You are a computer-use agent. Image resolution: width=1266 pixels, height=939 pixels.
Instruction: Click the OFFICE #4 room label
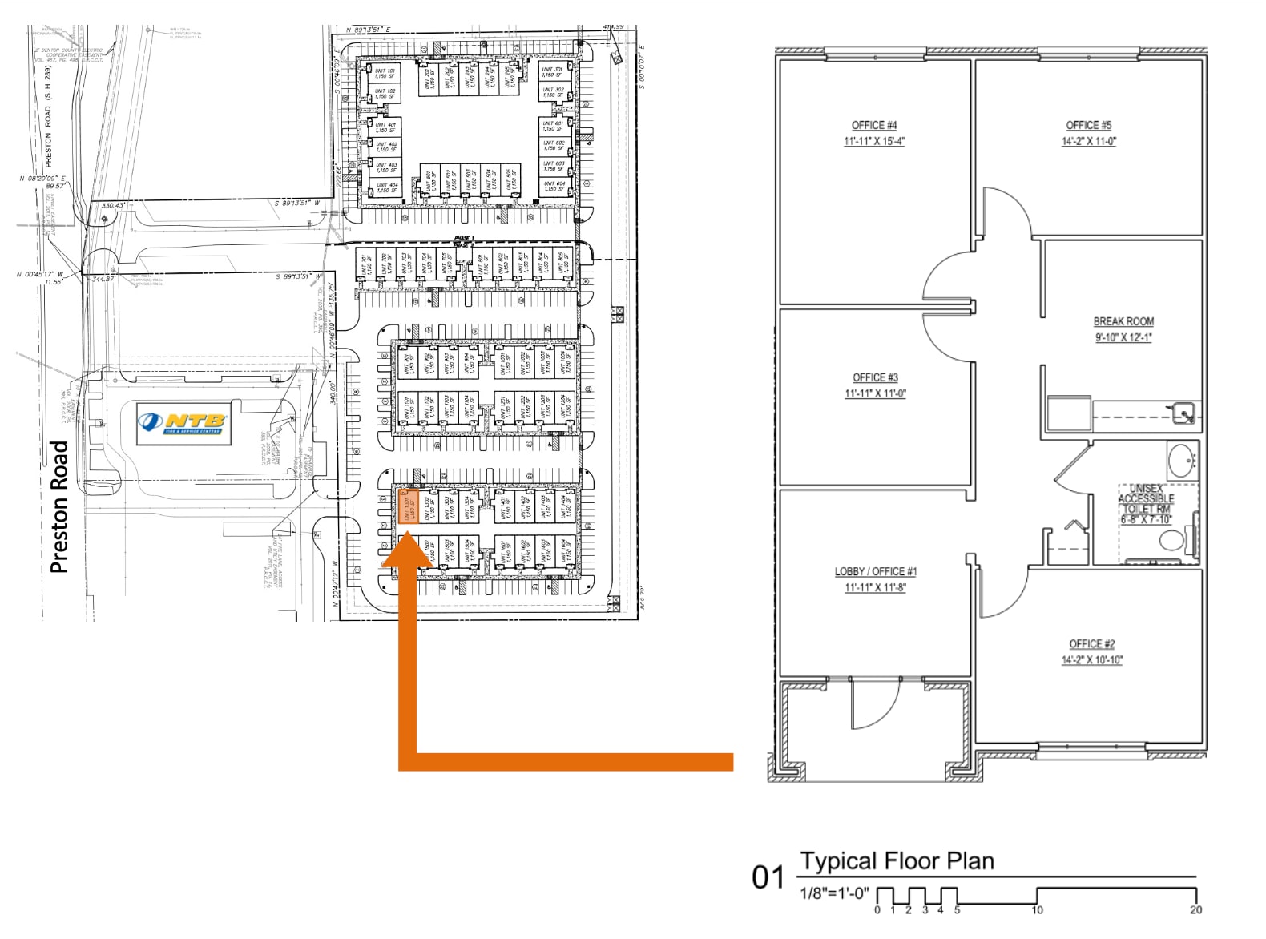click(x=873, y=125)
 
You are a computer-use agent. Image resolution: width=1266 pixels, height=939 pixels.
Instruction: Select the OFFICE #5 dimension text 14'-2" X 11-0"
click(x=1088, y=141)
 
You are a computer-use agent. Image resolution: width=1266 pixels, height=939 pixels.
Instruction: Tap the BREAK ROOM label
click(x=1123, y=320)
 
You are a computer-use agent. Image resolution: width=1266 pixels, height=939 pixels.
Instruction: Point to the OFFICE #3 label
click(x=875, y=377)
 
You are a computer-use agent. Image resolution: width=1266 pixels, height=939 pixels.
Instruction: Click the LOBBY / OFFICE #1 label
click(x=875, y=571)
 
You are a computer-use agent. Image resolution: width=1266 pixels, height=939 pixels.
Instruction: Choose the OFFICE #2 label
click(x=1091, y=643)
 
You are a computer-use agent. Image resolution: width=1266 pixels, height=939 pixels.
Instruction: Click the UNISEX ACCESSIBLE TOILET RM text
click(x=1146, y=499)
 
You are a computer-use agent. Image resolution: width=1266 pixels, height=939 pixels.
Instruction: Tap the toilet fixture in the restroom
click(x=1172, y=542)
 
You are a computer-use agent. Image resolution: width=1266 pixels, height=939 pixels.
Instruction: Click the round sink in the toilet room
click(x=1182, y=461)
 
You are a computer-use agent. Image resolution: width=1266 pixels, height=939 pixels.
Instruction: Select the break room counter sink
click(x=1184, y=413)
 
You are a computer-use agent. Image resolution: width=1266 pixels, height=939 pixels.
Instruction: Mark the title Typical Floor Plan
click(x=897, y=861)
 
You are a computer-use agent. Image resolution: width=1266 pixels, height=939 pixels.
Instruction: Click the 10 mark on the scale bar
click(x=1037, y=909)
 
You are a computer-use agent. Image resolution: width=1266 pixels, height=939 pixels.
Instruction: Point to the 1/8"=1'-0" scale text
click(x=833, y=893)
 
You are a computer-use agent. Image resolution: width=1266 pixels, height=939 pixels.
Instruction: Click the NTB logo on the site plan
click(x=183, y=422)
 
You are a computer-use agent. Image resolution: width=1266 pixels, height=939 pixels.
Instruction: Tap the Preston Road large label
click(x=59, y=506)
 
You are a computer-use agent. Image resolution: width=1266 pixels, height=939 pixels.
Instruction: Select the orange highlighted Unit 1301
click(x=406, y=506)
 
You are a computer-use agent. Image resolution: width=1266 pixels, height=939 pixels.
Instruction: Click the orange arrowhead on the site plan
click(x=407, y=552)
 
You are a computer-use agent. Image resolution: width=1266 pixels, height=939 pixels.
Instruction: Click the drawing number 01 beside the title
click(x=767, y=877)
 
